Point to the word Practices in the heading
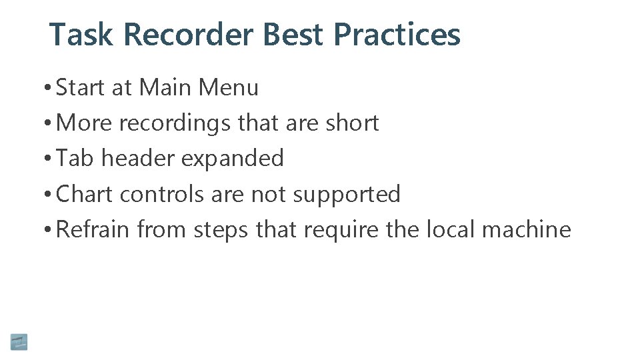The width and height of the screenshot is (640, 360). (397, 35)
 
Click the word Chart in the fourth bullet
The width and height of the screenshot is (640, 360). (85, 194)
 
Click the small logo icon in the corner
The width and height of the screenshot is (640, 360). (19, 341)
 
